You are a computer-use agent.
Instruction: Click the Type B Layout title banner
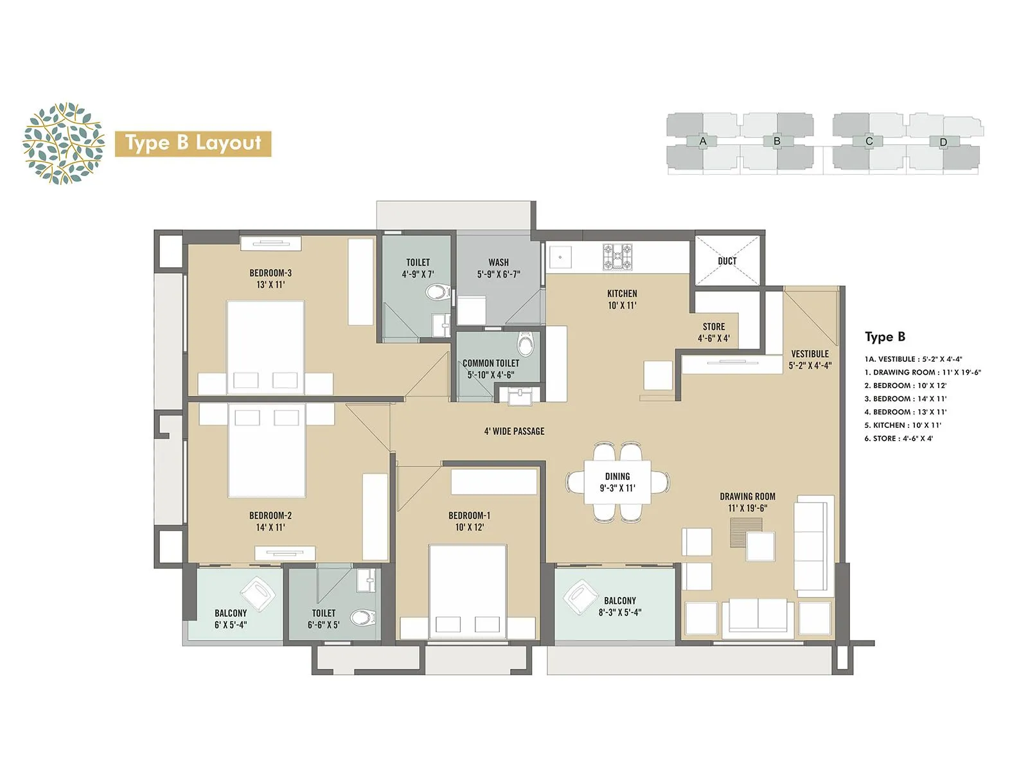(193, 143)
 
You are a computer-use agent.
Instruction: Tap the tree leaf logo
(63, 143)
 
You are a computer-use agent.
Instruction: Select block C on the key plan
(869, 141)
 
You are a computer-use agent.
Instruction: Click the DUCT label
(727, 261)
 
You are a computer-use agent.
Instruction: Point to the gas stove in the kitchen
(617, 256)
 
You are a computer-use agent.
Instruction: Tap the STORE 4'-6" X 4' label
(713, 332)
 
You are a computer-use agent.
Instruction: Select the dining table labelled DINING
(617, 482)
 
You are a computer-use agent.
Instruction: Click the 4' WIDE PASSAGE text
(514, 431)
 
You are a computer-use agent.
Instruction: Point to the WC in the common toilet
(526, 344)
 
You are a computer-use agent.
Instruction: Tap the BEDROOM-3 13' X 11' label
(270, 279)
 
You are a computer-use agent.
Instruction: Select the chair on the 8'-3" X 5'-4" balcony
(580, 596)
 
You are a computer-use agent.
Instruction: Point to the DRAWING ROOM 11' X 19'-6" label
(747, 502)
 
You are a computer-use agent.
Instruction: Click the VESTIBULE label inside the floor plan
(810, 359)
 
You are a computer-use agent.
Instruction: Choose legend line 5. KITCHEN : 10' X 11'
(902, 425)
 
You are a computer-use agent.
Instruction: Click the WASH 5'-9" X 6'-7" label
(498, 268)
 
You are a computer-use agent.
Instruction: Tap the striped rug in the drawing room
(746, 531)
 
